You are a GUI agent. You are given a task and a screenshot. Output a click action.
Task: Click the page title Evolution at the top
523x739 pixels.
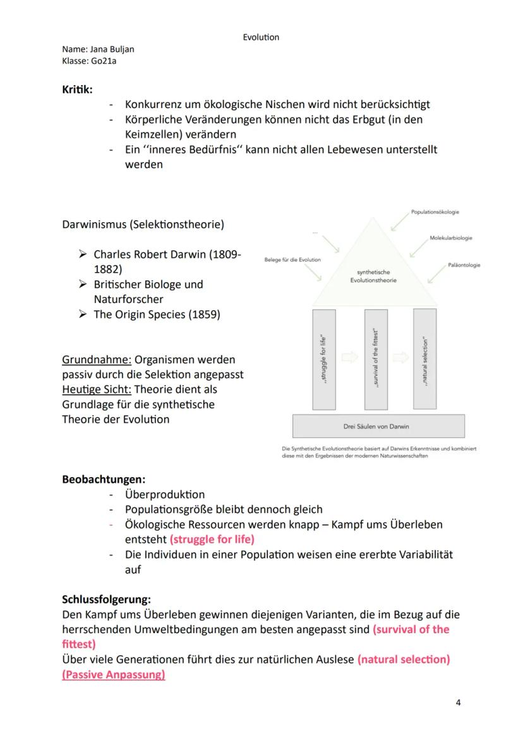(261, 37)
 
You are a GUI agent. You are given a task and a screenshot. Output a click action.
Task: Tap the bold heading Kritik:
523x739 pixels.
(77, 89)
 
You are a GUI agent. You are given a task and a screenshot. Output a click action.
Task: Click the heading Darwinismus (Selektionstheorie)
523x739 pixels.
(143, 224)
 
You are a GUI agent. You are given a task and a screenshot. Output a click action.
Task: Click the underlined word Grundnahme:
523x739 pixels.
(97, 360)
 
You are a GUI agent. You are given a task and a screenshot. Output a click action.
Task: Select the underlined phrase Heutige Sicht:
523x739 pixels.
(97, 389)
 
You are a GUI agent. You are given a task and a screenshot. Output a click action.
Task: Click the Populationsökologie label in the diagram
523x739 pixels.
(435, 212)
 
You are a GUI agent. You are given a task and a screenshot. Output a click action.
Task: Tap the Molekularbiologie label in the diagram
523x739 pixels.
(450, 238)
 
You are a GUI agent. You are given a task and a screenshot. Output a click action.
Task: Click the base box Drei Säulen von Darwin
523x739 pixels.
(378, 426)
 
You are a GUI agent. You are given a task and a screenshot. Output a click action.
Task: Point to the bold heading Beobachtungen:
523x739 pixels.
(104, 480)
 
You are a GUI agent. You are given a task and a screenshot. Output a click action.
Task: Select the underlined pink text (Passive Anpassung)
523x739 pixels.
(114, 675)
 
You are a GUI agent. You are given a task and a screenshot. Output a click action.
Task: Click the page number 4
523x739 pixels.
(458, 702)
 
